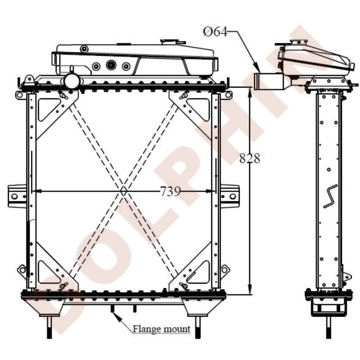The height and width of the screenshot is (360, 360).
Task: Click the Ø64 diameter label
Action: click(x=215, y=32)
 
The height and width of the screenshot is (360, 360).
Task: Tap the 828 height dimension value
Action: click(x=249, y=158)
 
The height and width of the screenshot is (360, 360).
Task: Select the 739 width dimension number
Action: click(x=170, y=191)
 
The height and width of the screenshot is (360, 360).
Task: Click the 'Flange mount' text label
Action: click(x=162, y=329)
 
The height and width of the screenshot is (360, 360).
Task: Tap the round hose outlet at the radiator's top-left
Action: click(x=72, y=81)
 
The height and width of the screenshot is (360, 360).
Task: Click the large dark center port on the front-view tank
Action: click(x=111, y=65)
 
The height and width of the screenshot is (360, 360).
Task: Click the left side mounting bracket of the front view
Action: click(x=17, y=196)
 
